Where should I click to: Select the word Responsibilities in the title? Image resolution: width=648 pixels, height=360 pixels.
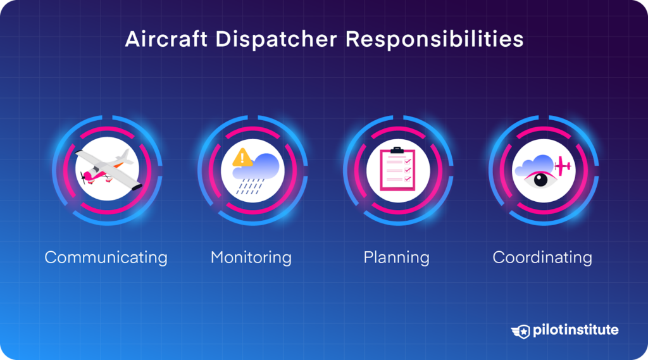pos(435,39)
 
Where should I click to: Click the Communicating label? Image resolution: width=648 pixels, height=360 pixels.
pos(106,258)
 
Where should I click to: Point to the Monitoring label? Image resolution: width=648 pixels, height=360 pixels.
pos(251,258)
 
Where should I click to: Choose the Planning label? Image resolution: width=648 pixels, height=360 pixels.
pos(396,258)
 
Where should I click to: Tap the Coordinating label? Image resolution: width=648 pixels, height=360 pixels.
pos(542,258)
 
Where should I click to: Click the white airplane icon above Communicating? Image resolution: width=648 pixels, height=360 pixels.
pos(106,170)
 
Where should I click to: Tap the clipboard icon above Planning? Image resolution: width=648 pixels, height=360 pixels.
pos(397,170)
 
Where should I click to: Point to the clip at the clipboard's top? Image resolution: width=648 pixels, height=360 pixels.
pos(397,150)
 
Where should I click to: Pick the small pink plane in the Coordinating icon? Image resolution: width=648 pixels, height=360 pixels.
pos(561,166)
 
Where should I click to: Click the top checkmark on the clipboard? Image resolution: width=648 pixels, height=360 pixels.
pos(408,162)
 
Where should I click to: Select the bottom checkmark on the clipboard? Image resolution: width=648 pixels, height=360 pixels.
pos(408,180)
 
